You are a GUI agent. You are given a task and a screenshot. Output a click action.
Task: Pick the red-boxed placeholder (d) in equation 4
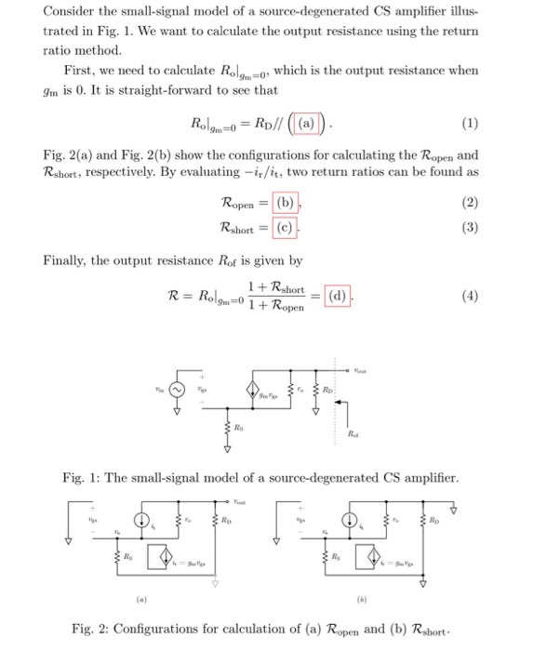[337, 298]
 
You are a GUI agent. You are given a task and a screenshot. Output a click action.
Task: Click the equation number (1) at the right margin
[470, 124]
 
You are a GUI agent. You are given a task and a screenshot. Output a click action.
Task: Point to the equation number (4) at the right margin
[470, 299]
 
